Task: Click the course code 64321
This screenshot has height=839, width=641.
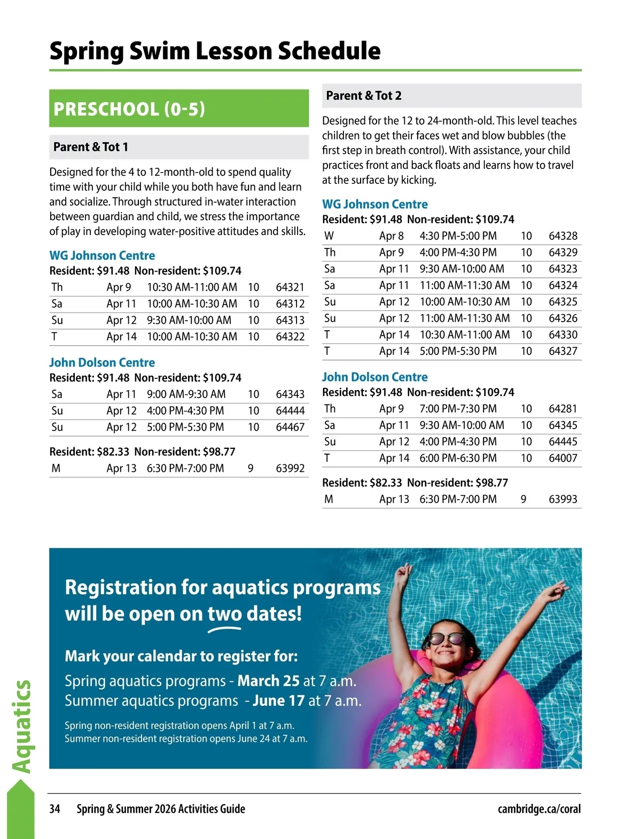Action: [x=290, y=288]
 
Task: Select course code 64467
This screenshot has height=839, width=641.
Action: [x=290, y=428]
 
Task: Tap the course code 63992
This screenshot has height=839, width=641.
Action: [x=290, y=469]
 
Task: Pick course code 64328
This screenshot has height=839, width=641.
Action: [x=563, y=236]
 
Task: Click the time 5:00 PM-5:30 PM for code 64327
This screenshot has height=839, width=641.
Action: [x=458, y=352]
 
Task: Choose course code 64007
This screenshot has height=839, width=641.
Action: [x=563, y=459]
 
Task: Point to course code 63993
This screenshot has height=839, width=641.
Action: [x=563, y=500]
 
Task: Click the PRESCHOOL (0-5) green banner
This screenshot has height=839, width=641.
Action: [x=179, y=108]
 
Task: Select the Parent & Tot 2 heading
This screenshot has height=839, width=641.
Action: [x=364, y=96]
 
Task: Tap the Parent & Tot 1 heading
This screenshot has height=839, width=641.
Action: [x=91, y=147]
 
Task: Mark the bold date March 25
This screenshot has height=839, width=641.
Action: [x=268, y=681]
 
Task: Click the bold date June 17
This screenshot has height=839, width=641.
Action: [x=278, y=701]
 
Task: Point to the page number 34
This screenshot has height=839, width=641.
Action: [x=54, y=809]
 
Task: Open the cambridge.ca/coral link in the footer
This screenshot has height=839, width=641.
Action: [x=539, y=809]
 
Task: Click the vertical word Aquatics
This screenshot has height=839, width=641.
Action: [x=21, y=727]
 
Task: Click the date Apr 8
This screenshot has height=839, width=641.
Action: [x=392, y=236]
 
